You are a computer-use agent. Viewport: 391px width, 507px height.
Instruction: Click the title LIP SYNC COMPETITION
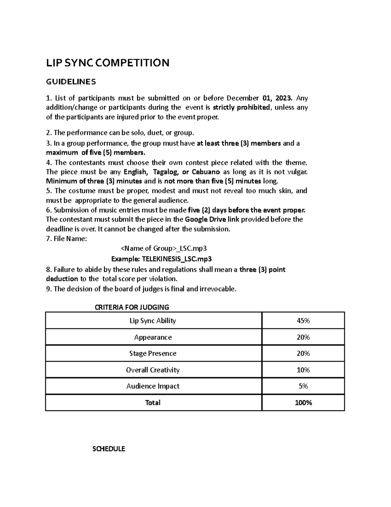click(108, 62)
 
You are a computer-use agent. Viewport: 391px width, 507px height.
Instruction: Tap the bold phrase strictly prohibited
click(241, 107)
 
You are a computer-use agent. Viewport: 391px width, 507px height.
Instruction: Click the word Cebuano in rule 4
click(206, 172)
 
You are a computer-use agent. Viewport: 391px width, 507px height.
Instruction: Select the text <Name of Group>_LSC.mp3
click(164, 248)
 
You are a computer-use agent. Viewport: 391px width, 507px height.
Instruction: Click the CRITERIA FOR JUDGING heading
click(132, 307)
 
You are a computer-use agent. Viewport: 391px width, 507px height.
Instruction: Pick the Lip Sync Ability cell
click(153, 321)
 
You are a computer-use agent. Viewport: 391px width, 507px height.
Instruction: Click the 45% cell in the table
click(303, 321)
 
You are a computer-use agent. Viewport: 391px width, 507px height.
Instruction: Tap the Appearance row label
click(153, 337)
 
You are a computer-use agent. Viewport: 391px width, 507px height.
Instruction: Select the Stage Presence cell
click(153, 354)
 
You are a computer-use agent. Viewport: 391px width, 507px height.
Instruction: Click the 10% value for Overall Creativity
click(303, 370)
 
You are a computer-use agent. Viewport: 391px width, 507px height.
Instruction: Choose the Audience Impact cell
click(153, 386)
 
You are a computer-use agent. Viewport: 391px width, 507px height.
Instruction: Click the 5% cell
click(303, 386)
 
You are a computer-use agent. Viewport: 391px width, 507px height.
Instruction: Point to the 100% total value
click(303, 403)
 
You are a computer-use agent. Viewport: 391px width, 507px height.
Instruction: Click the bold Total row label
click(153, 403)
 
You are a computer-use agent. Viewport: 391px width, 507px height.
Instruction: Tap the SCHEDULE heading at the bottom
click(109, 449)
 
